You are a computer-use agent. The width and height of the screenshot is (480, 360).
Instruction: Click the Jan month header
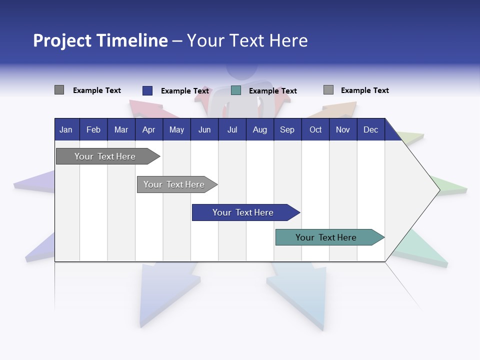66,130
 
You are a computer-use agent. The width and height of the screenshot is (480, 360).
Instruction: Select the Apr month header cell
148,130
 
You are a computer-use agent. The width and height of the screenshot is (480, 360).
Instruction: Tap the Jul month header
232,130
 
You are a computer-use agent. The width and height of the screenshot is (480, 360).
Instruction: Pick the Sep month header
287,130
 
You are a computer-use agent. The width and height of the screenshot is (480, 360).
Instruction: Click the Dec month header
370,130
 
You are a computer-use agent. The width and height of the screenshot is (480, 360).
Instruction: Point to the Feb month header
93,130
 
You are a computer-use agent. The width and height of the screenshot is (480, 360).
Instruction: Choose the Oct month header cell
315,130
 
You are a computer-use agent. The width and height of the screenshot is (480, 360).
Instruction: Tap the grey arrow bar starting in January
105,156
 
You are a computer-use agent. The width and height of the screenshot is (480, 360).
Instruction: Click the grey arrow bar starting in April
174,184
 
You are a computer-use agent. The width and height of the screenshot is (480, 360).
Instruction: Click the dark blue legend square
147,90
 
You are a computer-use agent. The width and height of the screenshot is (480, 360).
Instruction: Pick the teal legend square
236,90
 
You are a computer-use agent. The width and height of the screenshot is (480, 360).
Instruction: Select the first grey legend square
59,90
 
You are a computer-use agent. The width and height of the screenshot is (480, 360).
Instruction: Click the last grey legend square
328,90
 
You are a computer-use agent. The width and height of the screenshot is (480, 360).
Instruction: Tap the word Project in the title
62,40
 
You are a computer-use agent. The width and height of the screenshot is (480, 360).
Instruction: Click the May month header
176,130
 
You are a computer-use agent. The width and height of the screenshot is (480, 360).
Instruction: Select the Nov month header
343,130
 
